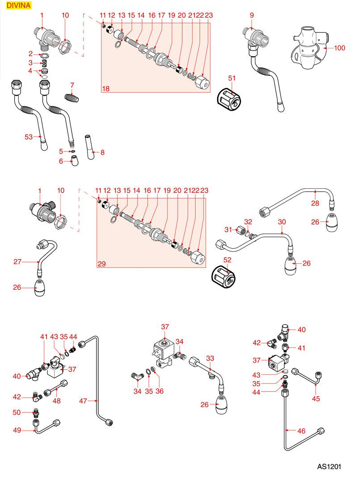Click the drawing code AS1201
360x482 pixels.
(329, 466)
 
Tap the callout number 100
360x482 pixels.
(340, 48)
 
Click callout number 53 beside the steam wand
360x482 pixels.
(29, 137)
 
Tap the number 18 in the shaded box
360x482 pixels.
(106, 89)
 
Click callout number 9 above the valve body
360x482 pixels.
(252, 15)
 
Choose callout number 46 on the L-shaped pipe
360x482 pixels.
(301, 431)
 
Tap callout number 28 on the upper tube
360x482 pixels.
(315, 204)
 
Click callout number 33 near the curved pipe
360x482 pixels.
(210, 358)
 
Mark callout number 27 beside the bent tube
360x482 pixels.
(17, 262)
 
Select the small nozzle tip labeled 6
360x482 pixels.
(75, 161)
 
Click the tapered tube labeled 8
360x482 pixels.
(91, 147)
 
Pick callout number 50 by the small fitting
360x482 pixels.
(17, 412)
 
